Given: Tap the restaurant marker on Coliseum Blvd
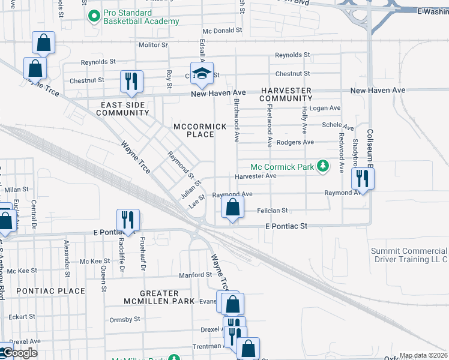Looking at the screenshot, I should (x=362, y=178).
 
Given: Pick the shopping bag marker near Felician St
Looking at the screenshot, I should (x=232, y=208).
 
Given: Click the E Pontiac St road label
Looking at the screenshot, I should (x=286, y=226).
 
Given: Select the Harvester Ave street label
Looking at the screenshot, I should (x=255, y=176).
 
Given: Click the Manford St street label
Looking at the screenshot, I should (x=195, y=275).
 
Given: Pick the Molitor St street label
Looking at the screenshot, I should (x=153, y=45).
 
